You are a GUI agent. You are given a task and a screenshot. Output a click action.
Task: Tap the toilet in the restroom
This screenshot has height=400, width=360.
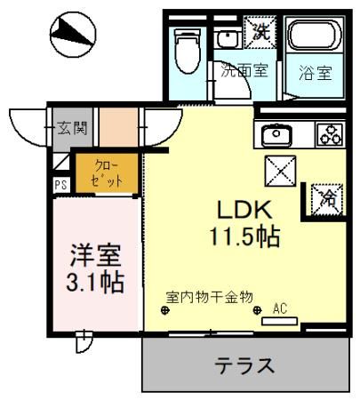click(x=188, y=52)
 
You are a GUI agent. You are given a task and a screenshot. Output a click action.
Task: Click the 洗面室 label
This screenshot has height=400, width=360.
click(x=244, y=72)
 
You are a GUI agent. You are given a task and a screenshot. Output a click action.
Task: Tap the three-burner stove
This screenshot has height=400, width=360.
click(x=329, y=135)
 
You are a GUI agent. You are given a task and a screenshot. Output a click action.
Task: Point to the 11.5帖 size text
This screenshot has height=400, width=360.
click(x=245, y=237)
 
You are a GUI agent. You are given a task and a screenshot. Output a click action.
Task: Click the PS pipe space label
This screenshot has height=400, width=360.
click(x=60, y=186)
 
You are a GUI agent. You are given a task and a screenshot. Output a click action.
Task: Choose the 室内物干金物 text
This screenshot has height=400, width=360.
click(x=211, y=296)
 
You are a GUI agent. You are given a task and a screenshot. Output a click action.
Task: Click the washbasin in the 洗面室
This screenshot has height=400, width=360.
click(x=228, y=39)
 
